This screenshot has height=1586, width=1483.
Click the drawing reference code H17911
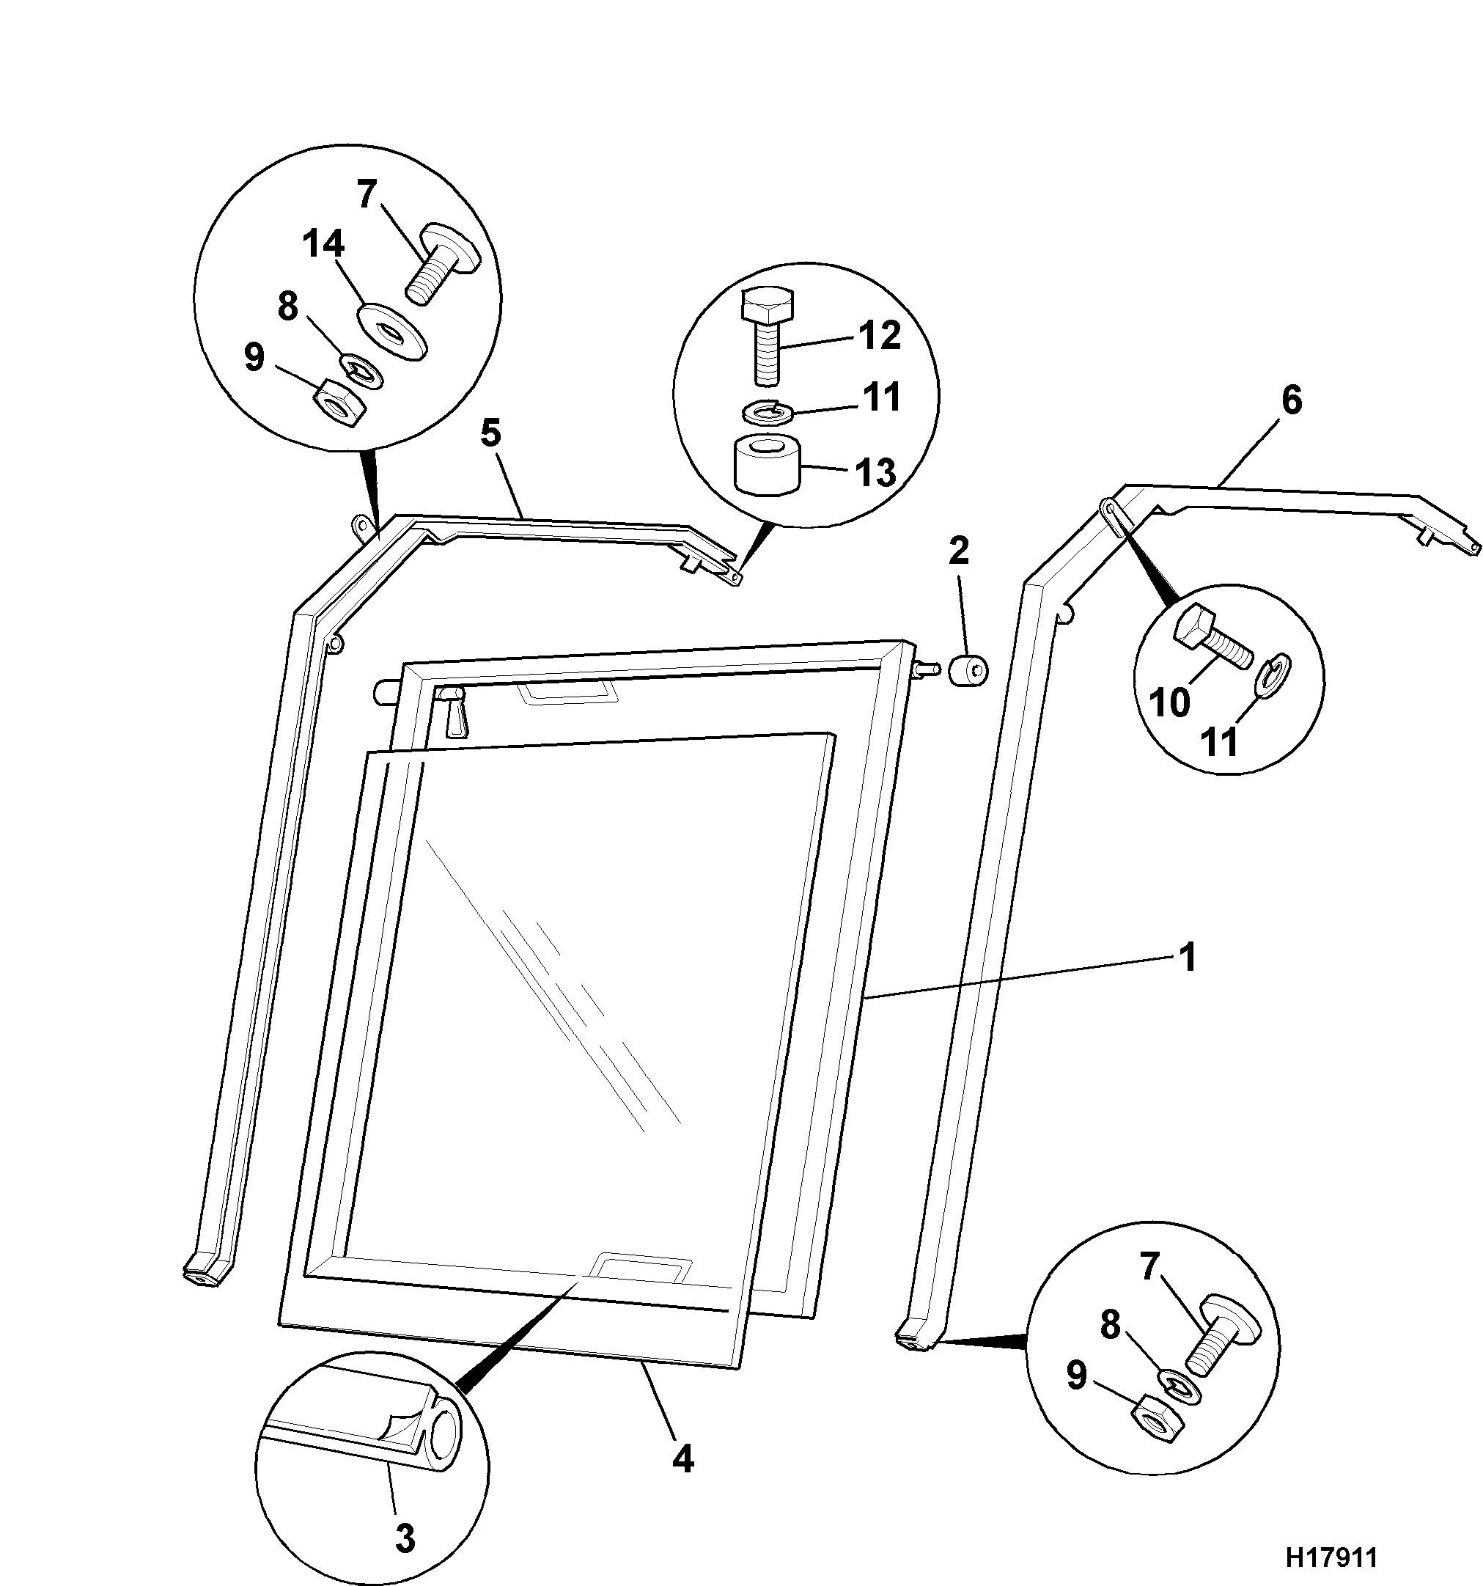click(x=1331, y=1557)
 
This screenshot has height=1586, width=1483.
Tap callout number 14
click(x=323, y=244)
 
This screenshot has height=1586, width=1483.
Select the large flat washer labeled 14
click(x=391, y=330)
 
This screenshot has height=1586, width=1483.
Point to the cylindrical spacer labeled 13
click(x=766, y=465)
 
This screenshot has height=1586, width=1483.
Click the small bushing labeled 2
click(x=968, y=669)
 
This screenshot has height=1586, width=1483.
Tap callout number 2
click(x=958, y=551)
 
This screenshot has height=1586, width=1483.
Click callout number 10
click(x=1169, y=703)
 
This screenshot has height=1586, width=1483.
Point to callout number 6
click(x=1292, y=400)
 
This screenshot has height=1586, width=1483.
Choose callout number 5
click(x=490, y=433)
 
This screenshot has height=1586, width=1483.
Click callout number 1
click(x=1188, y=958)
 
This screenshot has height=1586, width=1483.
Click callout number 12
click(x=879, y=335)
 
